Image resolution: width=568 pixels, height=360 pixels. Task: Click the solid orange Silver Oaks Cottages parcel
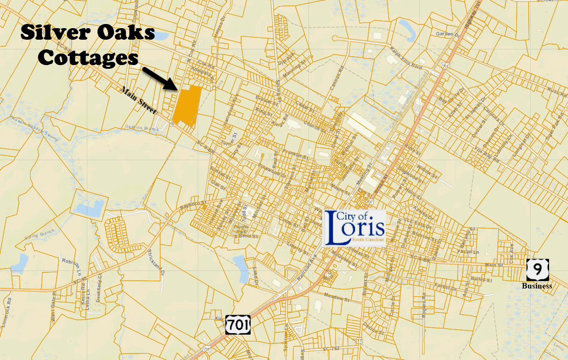click(x=187, y=106)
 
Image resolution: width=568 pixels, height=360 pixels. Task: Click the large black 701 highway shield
click(x=238, y=324)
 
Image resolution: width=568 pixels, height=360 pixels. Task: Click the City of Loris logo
click(x=355, y=228)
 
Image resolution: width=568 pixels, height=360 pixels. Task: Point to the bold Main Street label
click(x=139, y=100)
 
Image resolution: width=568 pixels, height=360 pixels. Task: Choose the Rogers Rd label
click(x=422, y=304)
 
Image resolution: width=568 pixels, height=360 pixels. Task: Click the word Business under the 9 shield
click(x=537, y=286)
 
